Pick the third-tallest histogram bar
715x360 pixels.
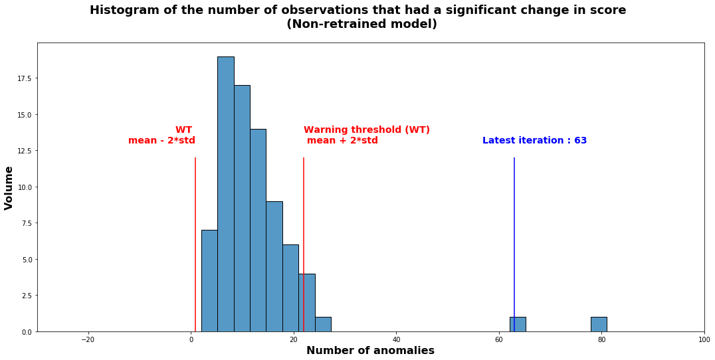pyautogui.click(x=258, y=230)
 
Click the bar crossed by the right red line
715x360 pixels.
pyautogui.click(x=306, y=302)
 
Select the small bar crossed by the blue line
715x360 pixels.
pyautogui.click(x=518, y=324)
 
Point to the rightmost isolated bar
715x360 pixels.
pyautogui.click(x=599, y=324)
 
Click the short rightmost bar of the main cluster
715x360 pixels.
pyautogui.click(x=323, y=324)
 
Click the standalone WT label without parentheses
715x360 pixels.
pyautogui.click(x=183, y=130)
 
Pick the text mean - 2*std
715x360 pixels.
pyautogui.click(x=161, y=141)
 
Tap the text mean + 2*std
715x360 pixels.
pyautogui.click(x=342, y=141)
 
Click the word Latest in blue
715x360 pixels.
pyautogui.click(x=498, y=141)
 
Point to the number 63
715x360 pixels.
pyautogui.click(x=581, y=141)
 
